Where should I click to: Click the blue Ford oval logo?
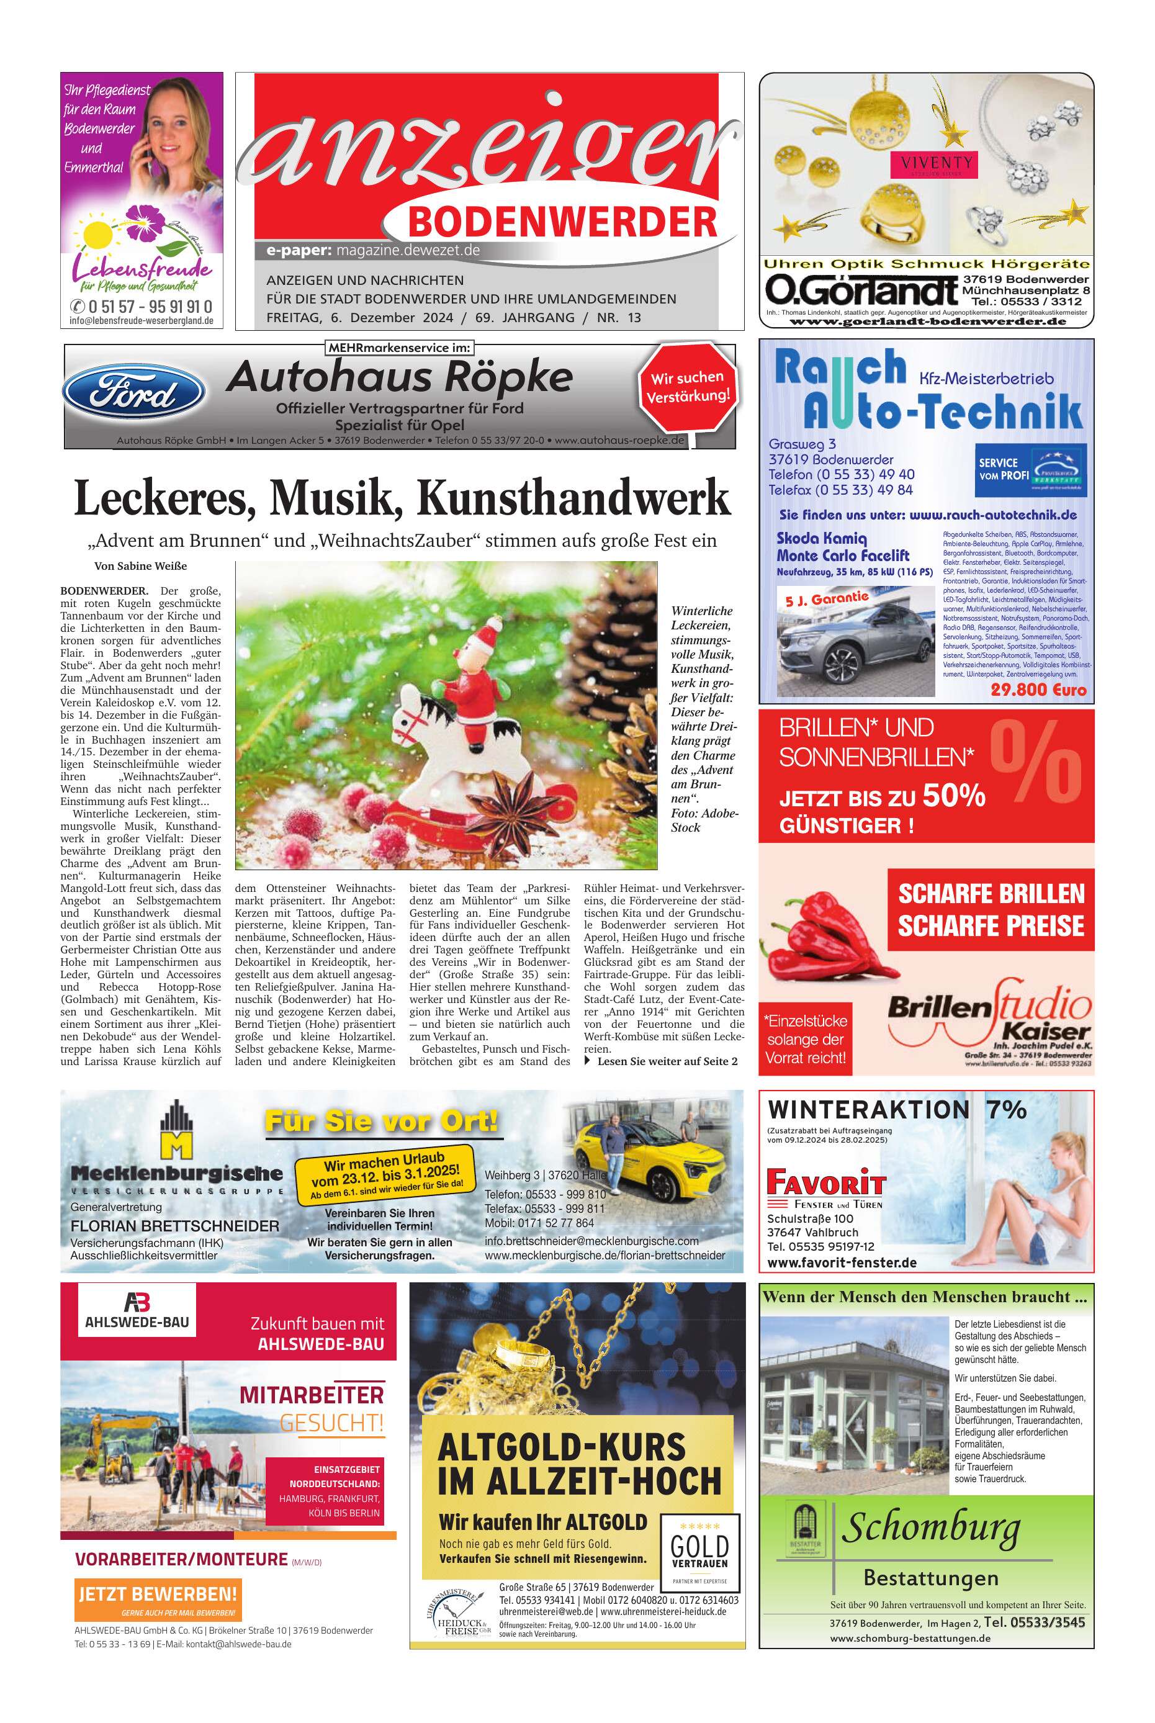(x=133, y=392)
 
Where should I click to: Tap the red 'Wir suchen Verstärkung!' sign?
(x=688, y=387)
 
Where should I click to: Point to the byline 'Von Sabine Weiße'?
(x=141, y=565)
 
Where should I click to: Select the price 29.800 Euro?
(x=1038, y=690)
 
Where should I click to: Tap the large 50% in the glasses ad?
(x=953, y=796)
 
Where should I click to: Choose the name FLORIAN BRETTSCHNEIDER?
(x=174, y=1226)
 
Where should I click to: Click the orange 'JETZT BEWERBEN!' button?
(x=158, y=1594)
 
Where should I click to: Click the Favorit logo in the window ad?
(x=825, y=1182)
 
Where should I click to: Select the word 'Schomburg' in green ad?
(x=931, y=1527)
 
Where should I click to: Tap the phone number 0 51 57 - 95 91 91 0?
(x=150, y=307)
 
